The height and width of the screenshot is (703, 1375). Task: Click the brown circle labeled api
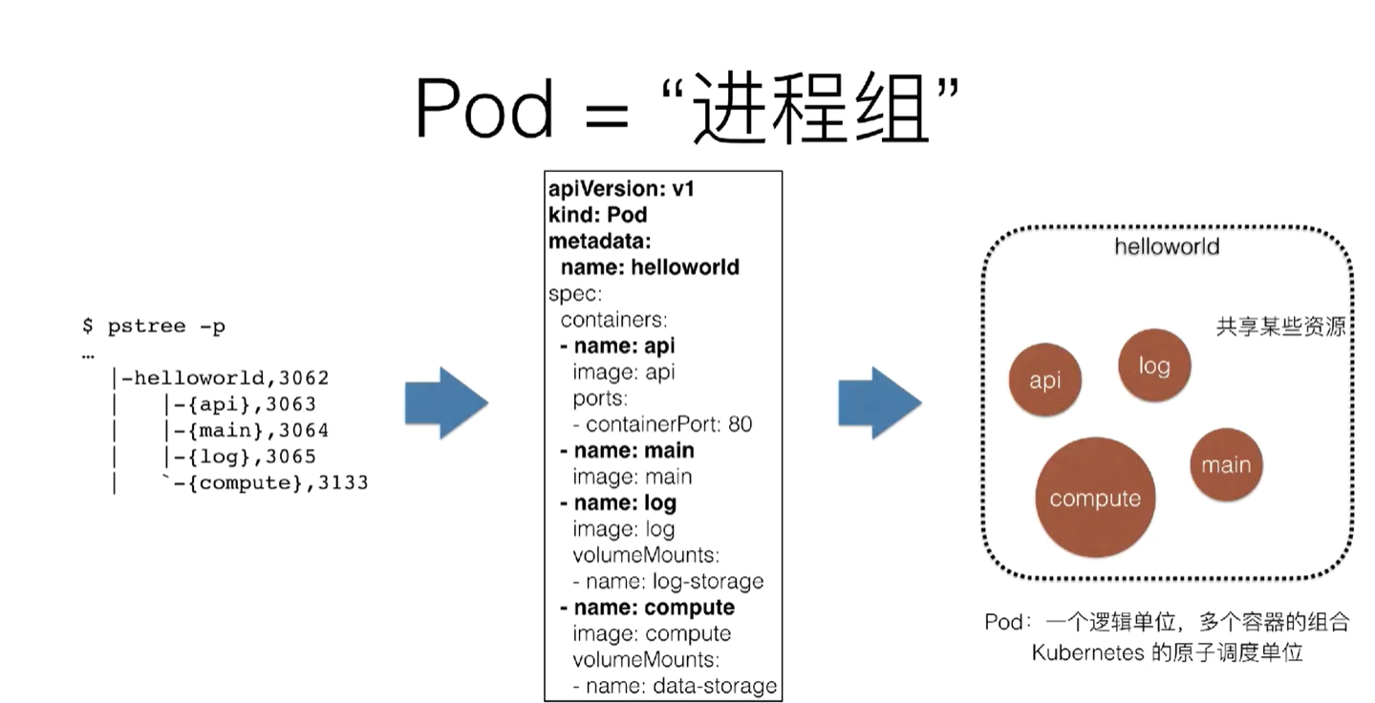(x=1044, y=380)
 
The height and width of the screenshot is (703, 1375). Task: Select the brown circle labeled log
(x=1154, y=366)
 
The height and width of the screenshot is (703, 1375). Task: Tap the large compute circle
(x=1095, y=498)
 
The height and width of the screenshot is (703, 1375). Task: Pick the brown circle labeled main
(x=1226, y=464)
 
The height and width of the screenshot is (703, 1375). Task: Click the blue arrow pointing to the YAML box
(x=446, y=403)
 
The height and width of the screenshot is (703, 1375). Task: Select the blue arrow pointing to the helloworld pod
(x=880, y=403)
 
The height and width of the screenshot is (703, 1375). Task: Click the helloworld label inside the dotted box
(x=1167, y=246)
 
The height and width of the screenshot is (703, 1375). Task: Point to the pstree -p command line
(x=154, y=326)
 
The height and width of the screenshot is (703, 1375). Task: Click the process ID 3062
(x=304, y=378)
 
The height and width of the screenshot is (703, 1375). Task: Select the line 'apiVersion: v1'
(x=621, y=189)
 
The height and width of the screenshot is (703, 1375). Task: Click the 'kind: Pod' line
(x=598, y=215)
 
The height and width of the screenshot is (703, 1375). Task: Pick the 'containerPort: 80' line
(x=662, y=424)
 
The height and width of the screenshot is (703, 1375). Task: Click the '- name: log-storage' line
(x=669, y=581)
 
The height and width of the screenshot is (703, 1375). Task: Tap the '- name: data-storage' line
(x=675, y=685)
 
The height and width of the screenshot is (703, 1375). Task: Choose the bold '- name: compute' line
(x=648, y=607)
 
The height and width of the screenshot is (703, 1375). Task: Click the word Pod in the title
(x=484, y=109)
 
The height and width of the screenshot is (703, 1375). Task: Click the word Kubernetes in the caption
(x=1087, y=652)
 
